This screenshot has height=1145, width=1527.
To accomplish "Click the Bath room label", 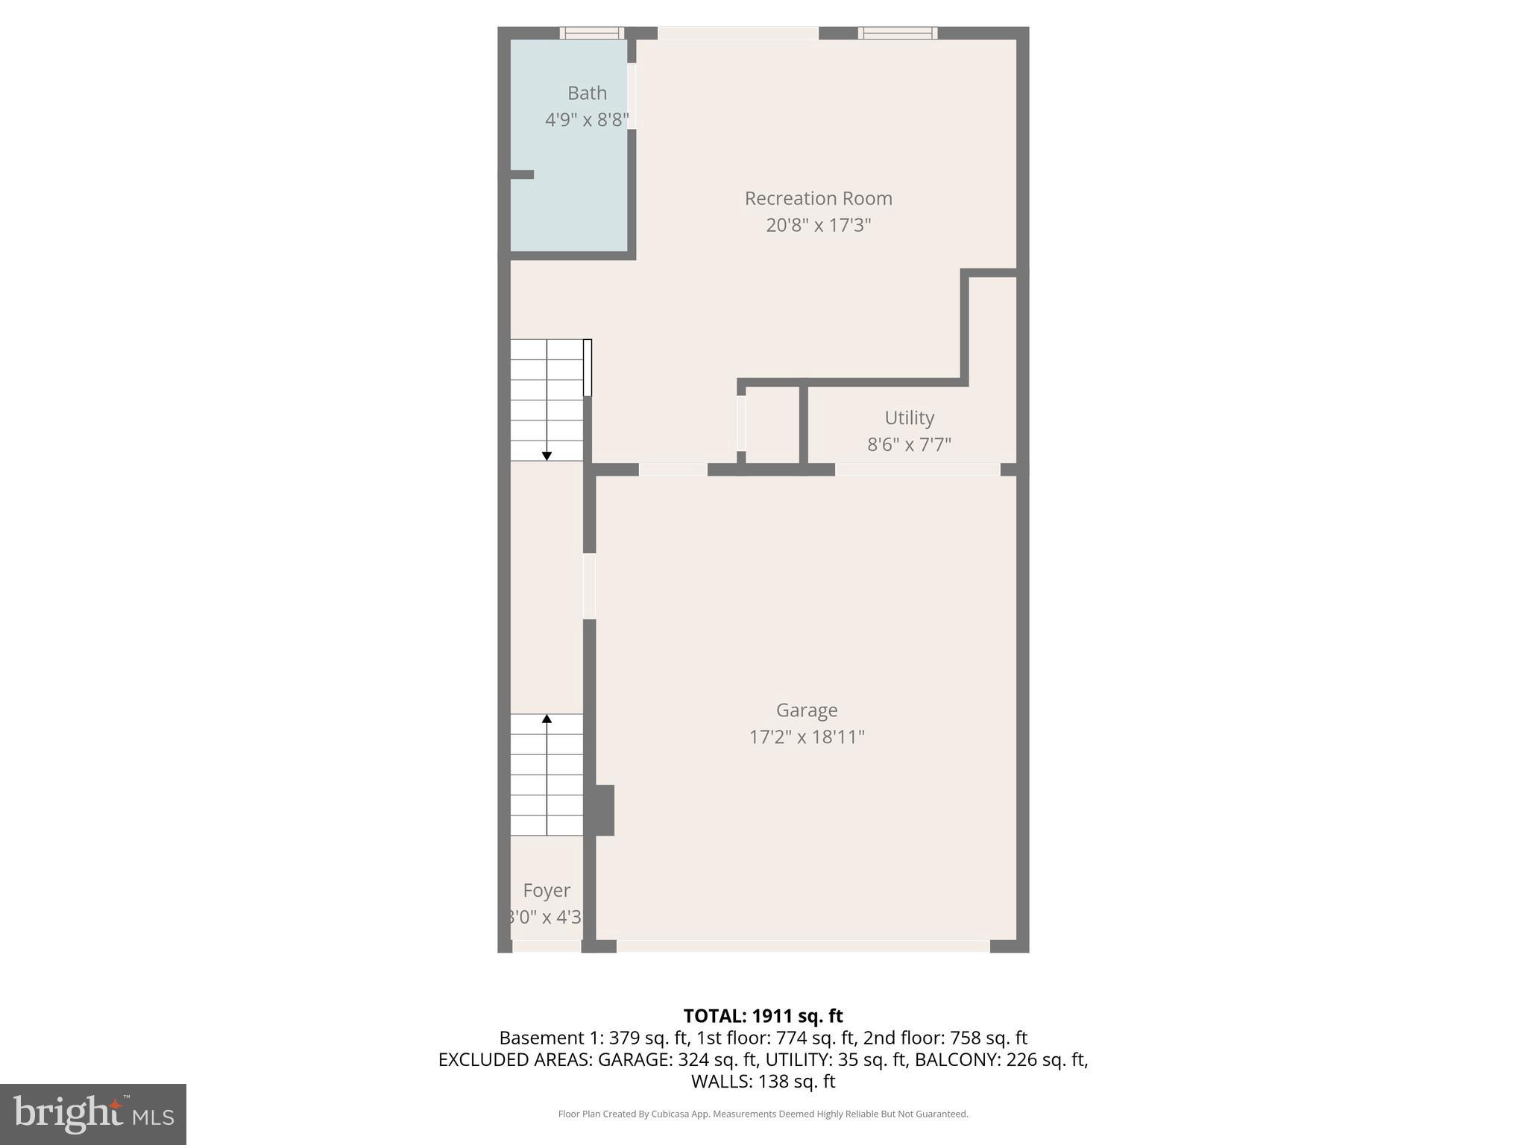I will [587, 93].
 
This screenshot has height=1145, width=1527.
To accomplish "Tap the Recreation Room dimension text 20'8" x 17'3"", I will [818, 225].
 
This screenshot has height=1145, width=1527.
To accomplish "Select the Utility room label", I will [909, 417].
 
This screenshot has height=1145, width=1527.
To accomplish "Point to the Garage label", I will [807, 710].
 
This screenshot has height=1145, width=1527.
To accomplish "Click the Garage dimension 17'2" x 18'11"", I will [807, 737].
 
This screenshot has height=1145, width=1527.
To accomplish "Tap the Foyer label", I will [547, 891].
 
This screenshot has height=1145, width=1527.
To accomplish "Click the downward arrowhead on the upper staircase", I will [547, 455].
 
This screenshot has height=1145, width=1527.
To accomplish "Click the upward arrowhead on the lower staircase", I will [547, 719].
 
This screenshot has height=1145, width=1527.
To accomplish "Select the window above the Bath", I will [592, 33].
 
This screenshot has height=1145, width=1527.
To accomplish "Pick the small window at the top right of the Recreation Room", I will [898, 33].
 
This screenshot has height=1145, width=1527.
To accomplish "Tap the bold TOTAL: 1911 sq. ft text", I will [763, 1016].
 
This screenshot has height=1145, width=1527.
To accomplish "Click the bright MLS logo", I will [93, 1114].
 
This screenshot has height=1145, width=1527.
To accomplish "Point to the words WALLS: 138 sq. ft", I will [763, 1082].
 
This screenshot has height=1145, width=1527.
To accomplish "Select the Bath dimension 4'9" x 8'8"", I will [587, 120].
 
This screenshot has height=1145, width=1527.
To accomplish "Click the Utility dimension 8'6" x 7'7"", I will [909, 445].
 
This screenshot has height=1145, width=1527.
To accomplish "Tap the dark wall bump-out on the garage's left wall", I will [605, 810].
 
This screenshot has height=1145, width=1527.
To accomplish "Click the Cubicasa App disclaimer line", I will [763, 1114].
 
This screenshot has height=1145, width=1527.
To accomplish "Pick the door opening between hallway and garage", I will [589, 586].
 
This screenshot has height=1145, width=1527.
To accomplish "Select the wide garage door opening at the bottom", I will [803, 946].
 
